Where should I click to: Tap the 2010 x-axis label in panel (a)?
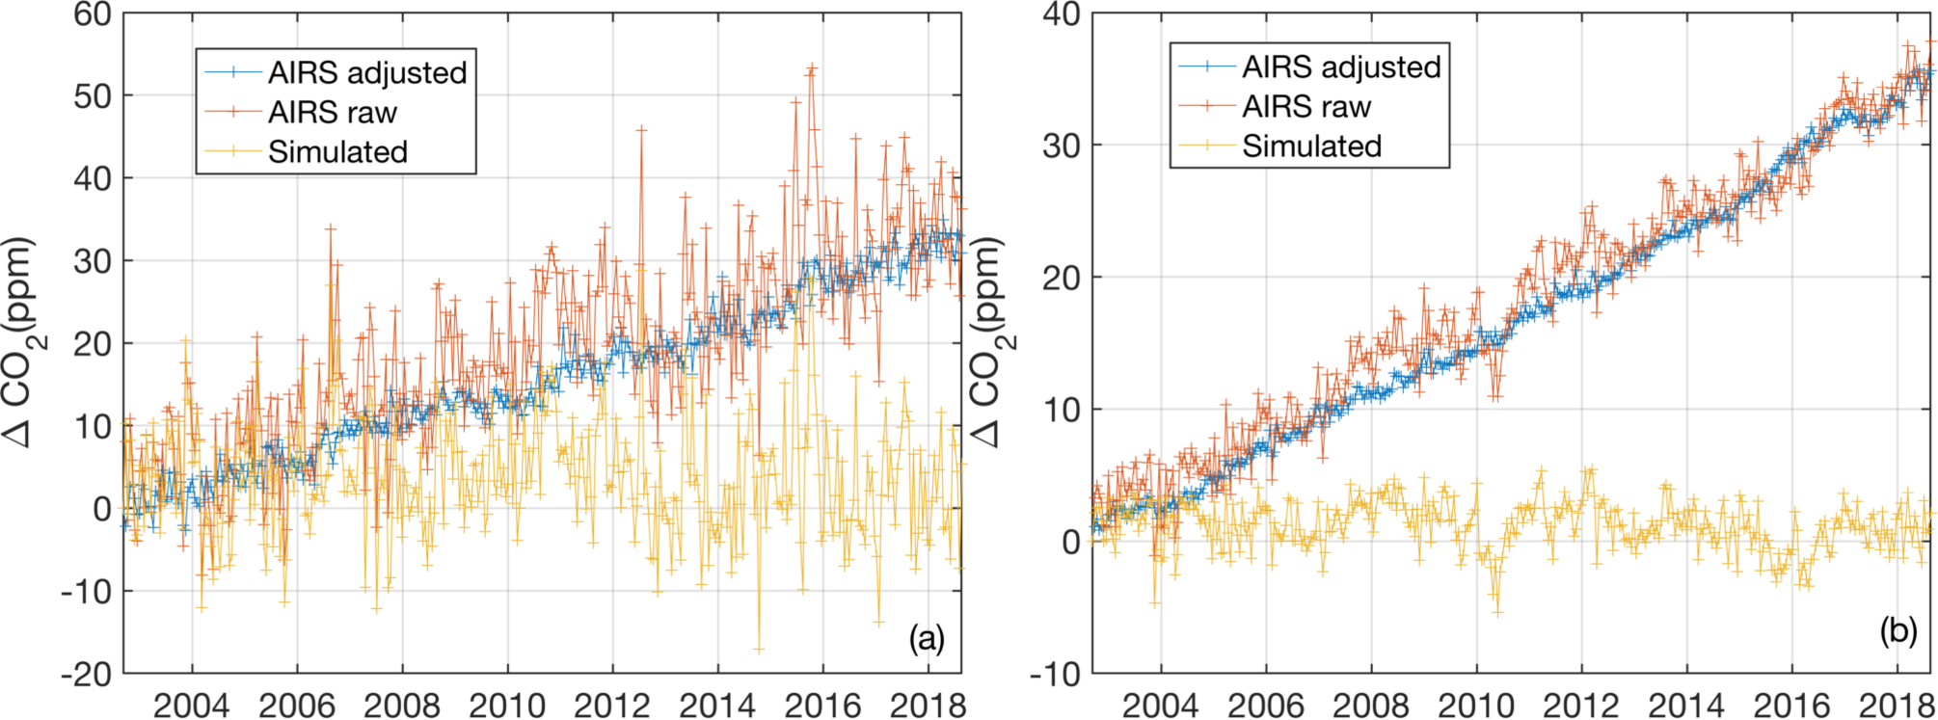pyautogui.click(x=507, y=706)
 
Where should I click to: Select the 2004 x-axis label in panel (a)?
pyautogui.click(x=191, y=706)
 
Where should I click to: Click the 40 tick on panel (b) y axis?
pyautogui.click(x=1063, y=14)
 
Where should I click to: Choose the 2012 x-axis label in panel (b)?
pyautogui.click(x=1581, y=706)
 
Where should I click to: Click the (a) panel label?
pyautogui.click(x=927, y=638)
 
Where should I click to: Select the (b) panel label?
pyautogui.click(x=1898, y=632)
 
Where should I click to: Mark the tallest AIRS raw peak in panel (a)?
pyautogui.click(x=812, y=67)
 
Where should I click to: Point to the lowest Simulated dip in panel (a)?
pyautogui.click(x=759, y=651)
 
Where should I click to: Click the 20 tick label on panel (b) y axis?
pyautogui.click(x=1063, y=278)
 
